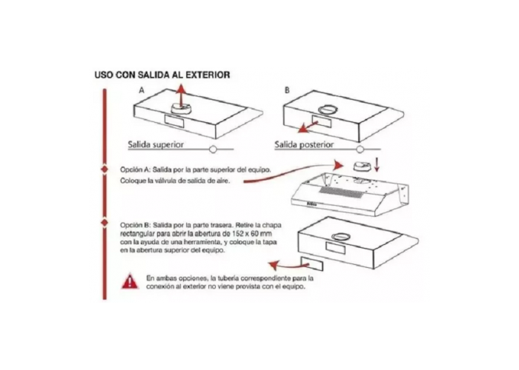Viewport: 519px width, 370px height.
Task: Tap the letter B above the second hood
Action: [287, 90]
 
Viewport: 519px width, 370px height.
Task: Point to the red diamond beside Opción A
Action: [103, 169]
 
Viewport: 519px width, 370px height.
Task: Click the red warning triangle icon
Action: [130, 281]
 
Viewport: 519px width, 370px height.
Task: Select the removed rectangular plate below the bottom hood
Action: [313, 262]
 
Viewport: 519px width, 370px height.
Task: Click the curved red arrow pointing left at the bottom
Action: [283, 263]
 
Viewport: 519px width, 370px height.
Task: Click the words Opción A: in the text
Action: [135, 169]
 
